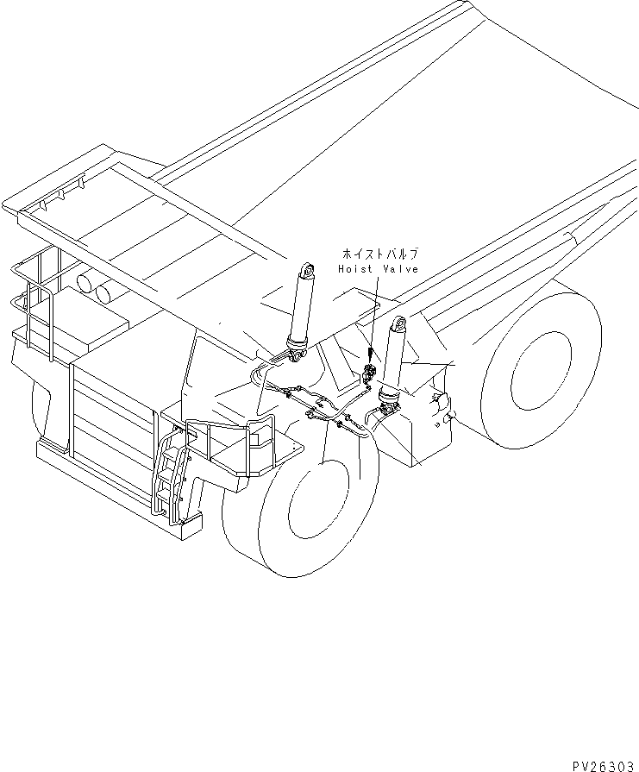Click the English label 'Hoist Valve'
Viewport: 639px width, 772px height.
[x=378, y=269]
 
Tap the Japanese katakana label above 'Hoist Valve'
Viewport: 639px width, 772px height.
[x=379, y=254]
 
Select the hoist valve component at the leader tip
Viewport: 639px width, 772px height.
[x=368, y=375]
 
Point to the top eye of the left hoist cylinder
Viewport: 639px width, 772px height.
[x=305, y=270]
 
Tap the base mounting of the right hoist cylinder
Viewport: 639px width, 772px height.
[x=390, y=397]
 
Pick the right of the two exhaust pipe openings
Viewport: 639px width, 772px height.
[x=104, y=293]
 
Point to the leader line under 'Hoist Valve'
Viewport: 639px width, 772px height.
[x=372, y=319]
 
